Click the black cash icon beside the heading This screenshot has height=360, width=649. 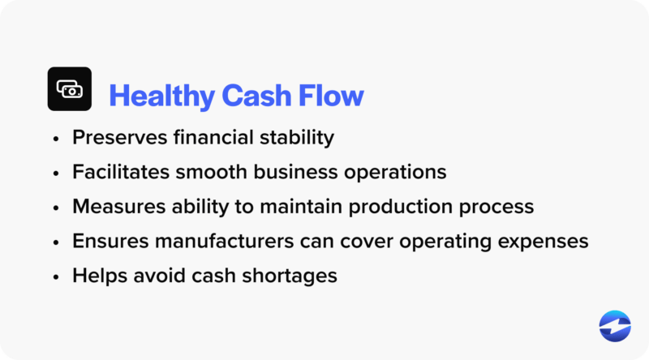point(70,89)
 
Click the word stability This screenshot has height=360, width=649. point(298,138)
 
